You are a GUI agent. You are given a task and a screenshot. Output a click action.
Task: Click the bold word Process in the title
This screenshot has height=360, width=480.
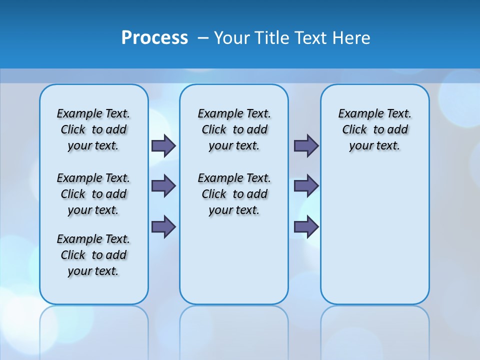[x=154, y=38]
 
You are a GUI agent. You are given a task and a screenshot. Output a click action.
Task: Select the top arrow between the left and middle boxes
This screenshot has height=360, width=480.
[x=163, y=145]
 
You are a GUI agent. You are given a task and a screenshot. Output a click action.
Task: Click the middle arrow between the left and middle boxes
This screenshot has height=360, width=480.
[x=163, y=186]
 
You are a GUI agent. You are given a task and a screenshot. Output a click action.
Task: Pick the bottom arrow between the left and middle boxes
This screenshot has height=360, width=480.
[x=163, y=226]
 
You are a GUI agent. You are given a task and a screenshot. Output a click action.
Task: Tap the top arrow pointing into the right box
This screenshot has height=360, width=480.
[x=306, y=145]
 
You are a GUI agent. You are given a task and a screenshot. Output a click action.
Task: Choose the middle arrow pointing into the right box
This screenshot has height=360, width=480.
[x=306, y=186]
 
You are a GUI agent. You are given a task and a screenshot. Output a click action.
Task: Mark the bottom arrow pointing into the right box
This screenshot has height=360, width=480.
[x=306, y=226]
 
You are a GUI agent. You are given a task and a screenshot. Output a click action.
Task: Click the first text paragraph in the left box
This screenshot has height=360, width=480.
[x=93, y=129]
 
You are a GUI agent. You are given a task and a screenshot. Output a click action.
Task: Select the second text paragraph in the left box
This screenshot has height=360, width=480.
[x=93, y=194]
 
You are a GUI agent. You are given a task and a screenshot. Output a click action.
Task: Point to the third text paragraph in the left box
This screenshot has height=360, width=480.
[x=93, y=255]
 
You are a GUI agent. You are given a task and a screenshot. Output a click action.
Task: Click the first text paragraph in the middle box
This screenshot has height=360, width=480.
[x=234, y=129]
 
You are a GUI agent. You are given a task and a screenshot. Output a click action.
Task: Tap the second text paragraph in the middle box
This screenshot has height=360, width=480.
[x=234, y=194]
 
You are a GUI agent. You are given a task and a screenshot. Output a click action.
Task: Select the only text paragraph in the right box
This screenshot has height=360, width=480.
[x=375, y=129]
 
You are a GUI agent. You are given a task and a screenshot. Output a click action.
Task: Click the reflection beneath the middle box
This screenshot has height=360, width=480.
[x=234, y=330]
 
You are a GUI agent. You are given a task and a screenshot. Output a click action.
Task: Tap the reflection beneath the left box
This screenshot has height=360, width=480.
[x=93, y=330]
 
